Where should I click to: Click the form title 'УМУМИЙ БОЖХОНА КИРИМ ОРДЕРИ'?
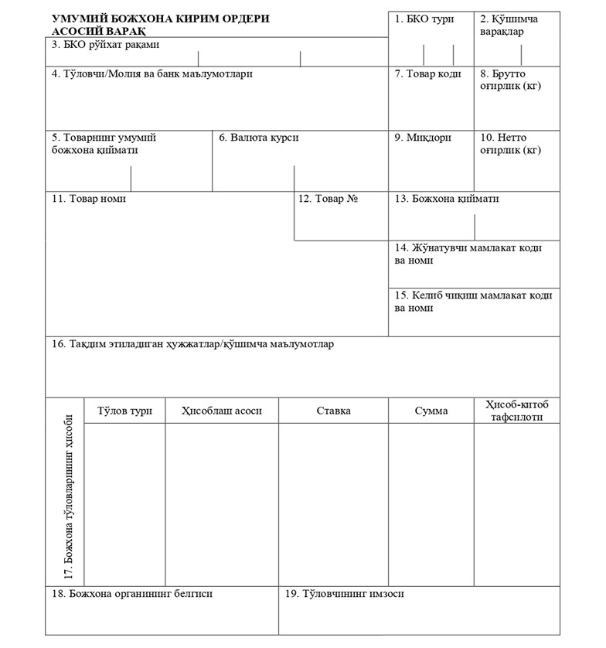(161, 19)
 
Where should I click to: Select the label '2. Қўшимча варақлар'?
(509, 25)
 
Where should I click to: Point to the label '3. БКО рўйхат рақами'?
(105, 45)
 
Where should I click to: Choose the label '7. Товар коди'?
(427, 74)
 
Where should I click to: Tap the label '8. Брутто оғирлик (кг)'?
(510, 80)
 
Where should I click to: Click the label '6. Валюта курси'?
(258, 138)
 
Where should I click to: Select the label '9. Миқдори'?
(423, 138)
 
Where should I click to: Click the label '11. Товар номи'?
(89, 199)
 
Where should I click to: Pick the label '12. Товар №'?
(328, 199)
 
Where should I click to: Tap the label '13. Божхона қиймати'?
(447, 199)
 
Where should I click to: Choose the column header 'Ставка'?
(333, 411)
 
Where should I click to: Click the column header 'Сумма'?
(431, 411)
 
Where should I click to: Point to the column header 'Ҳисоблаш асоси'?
(222, 411)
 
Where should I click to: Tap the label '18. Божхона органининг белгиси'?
(132, 594)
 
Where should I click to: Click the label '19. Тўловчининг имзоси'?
(344, 594)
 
